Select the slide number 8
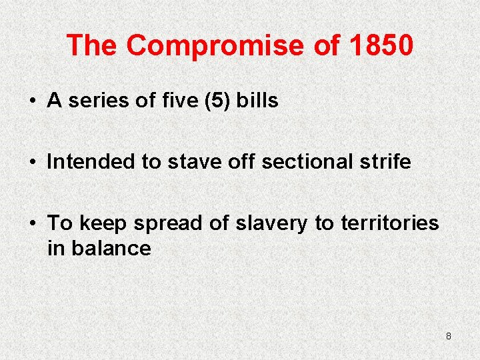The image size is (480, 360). click(448, 336)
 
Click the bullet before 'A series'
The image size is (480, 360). click(32, 101)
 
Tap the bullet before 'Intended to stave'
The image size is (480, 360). click(32, 162)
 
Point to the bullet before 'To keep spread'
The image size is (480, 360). click(32, 223)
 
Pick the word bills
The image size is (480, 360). click(257, 101)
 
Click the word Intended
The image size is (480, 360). click(91, 161)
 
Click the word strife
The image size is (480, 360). click(385, 161)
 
